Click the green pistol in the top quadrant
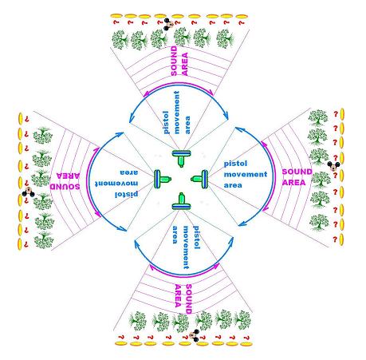pos(181,159)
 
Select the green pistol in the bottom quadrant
pos(181,201)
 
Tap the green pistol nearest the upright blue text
pos(200,179)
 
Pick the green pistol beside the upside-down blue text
pos(163,179)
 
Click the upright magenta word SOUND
pos(297,172)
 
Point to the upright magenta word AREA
pos(293,183)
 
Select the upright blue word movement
pos(246,174)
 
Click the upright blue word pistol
pos(235,164)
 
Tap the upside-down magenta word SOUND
pos(65,186)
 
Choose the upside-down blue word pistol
pos(126,194)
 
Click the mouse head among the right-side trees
pos(333,166)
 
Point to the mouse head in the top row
pos(168,24)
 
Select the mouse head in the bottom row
pos(195,335)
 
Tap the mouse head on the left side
pos(28,192)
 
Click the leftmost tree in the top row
pos(120,39)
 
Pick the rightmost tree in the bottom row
pos(242,320)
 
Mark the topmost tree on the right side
pos(318,118)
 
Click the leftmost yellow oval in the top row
pos(116,16)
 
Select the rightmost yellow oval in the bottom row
pos(246,344)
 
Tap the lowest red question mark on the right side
pos(335,239)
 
